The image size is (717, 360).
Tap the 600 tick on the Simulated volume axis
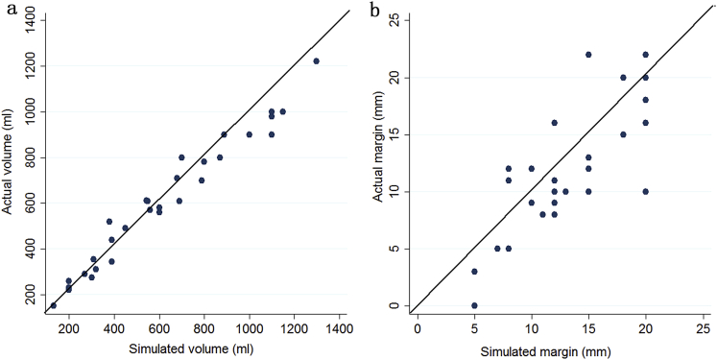click(159, 328)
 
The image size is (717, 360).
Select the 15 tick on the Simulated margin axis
click(588, 328)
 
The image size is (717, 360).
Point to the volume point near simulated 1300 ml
click(317, 60)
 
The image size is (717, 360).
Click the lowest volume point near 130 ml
click(53, 305)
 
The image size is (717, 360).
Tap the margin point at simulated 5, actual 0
click(474, 305)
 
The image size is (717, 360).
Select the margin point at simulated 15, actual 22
click(588, 54)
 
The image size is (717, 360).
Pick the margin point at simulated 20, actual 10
click(646, 191)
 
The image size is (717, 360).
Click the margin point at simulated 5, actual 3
click(474, 272)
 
